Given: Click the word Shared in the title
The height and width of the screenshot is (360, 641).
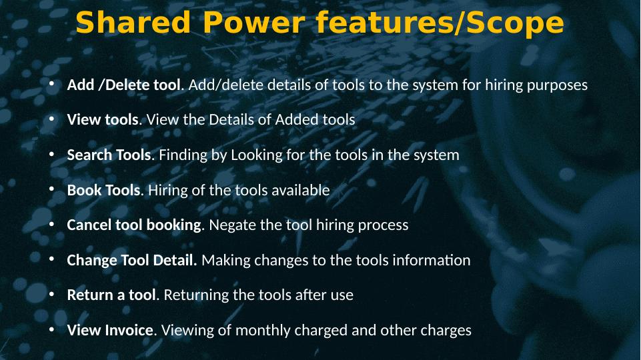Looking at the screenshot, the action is pos(133,22).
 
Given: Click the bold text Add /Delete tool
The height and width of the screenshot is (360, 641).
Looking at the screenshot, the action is pos(123,85).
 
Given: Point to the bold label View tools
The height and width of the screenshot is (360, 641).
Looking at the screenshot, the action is pos(103,120).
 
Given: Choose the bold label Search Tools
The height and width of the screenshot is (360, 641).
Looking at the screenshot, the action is pos(109,155).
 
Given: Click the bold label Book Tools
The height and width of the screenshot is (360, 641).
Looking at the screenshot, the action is pos(103,190).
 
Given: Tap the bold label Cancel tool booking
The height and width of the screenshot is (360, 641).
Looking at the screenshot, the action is pos(134,225).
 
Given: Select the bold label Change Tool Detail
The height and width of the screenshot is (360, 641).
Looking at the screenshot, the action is pos(131,260).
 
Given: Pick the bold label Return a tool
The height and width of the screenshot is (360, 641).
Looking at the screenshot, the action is pos(111,295).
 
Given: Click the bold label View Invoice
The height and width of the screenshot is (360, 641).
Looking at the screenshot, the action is pos(110,330).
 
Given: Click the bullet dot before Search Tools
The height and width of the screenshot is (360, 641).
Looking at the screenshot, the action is pos(51,155).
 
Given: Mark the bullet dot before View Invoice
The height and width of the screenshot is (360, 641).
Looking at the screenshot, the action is pos(51,329).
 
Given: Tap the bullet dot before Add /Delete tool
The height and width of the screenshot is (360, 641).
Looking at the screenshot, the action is pos(51,84).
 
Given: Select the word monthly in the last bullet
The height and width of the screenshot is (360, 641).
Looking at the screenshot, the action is pos(263,331).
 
